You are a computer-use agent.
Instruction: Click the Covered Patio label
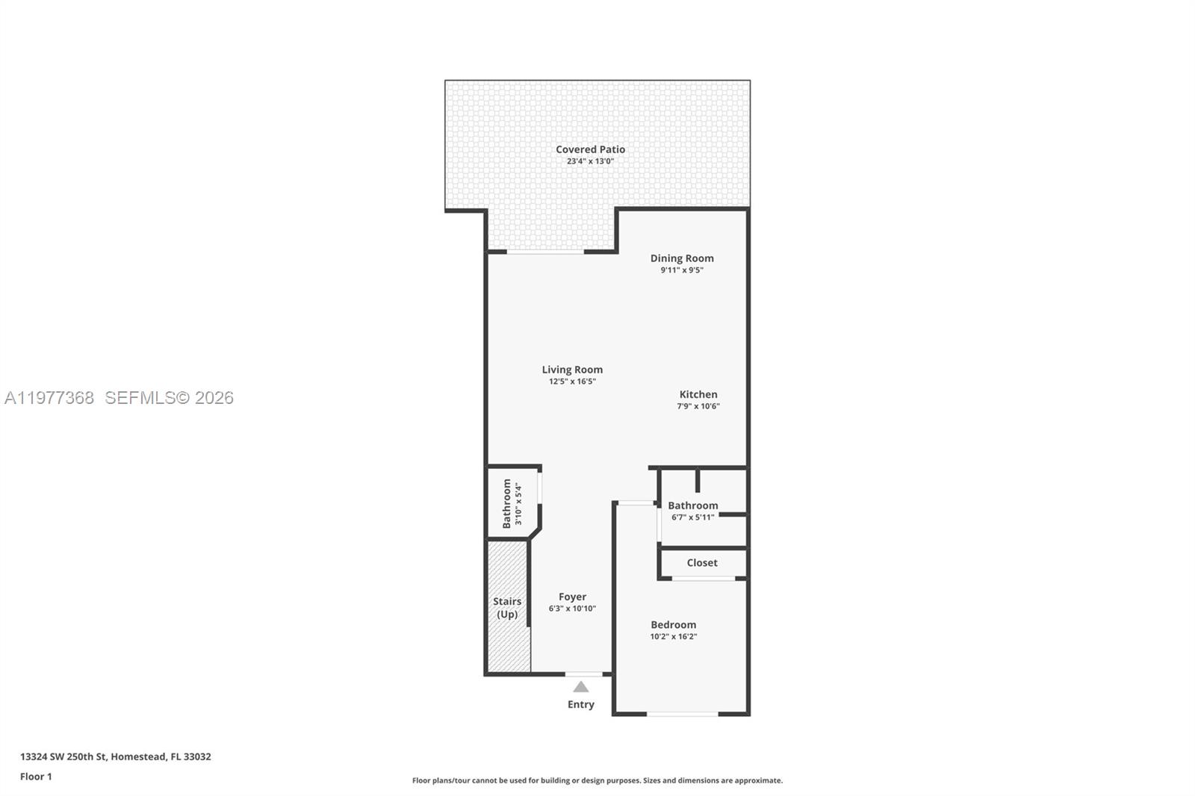point(590,149)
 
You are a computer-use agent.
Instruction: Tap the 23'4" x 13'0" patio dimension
point(590,161)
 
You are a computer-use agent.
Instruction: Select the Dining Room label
point(681,258)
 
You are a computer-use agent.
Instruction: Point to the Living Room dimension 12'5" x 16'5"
point(572,382)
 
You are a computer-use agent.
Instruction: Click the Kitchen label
point(698,394)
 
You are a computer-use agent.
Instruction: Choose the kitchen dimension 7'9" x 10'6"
point(698,406)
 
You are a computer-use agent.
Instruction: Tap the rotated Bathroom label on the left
point(507,503)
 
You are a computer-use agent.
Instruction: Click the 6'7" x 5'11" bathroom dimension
point(692,517)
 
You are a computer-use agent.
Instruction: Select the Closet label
point(702,563)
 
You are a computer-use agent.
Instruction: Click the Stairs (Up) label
point(507,608)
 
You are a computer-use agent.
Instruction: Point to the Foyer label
point(572,597)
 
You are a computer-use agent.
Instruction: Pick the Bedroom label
point(673,625)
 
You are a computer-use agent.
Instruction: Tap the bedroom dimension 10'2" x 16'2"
point(673,637)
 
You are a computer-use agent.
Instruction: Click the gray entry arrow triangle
point(580,687)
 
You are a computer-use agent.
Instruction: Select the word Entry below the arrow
point(580,704)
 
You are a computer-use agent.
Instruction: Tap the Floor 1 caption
point(36,777)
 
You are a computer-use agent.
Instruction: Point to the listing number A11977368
point(49,397)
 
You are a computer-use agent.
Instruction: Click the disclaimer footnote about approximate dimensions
point(597,780)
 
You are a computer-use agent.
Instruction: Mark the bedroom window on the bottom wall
point(682,714)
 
